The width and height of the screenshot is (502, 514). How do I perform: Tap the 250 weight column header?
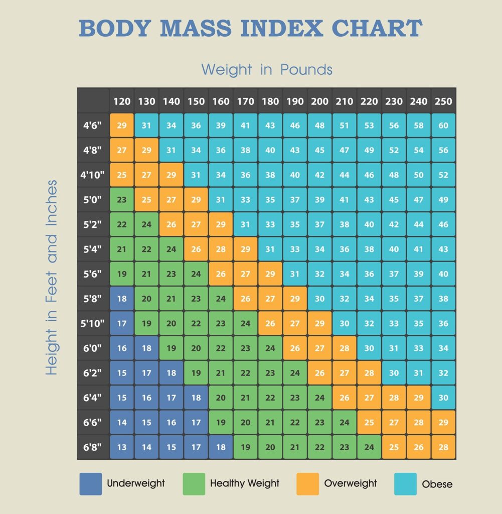(443, 101)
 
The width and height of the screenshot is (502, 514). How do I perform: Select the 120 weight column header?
(122, 101)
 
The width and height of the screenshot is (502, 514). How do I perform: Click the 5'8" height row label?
(93, 299)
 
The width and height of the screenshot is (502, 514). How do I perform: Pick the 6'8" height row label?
(93, 447)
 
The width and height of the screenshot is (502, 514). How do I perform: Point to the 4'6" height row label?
(93, 125)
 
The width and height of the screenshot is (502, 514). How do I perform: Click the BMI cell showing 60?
(443, 125)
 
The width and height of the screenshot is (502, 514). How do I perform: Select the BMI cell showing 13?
(122, 447)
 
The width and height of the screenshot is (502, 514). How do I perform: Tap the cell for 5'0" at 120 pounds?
(122, 200)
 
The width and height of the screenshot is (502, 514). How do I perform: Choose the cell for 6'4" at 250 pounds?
(443, 398)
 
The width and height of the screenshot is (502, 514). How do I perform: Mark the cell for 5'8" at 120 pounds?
(122, 299)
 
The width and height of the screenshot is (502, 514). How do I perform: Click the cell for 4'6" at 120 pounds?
(122, 125)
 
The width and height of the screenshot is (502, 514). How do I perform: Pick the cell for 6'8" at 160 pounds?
(221, 447)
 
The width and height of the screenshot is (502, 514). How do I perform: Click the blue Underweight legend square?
(90, 484)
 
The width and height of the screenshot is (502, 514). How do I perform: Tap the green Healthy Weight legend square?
(194, 484)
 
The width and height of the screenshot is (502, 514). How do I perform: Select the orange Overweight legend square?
(307, 484)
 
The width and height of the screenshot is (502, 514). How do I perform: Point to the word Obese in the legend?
(437, 484)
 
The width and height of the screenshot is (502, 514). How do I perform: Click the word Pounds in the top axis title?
(306, 69)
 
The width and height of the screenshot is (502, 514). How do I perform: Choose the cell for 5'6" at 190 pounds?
(295, 274)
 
